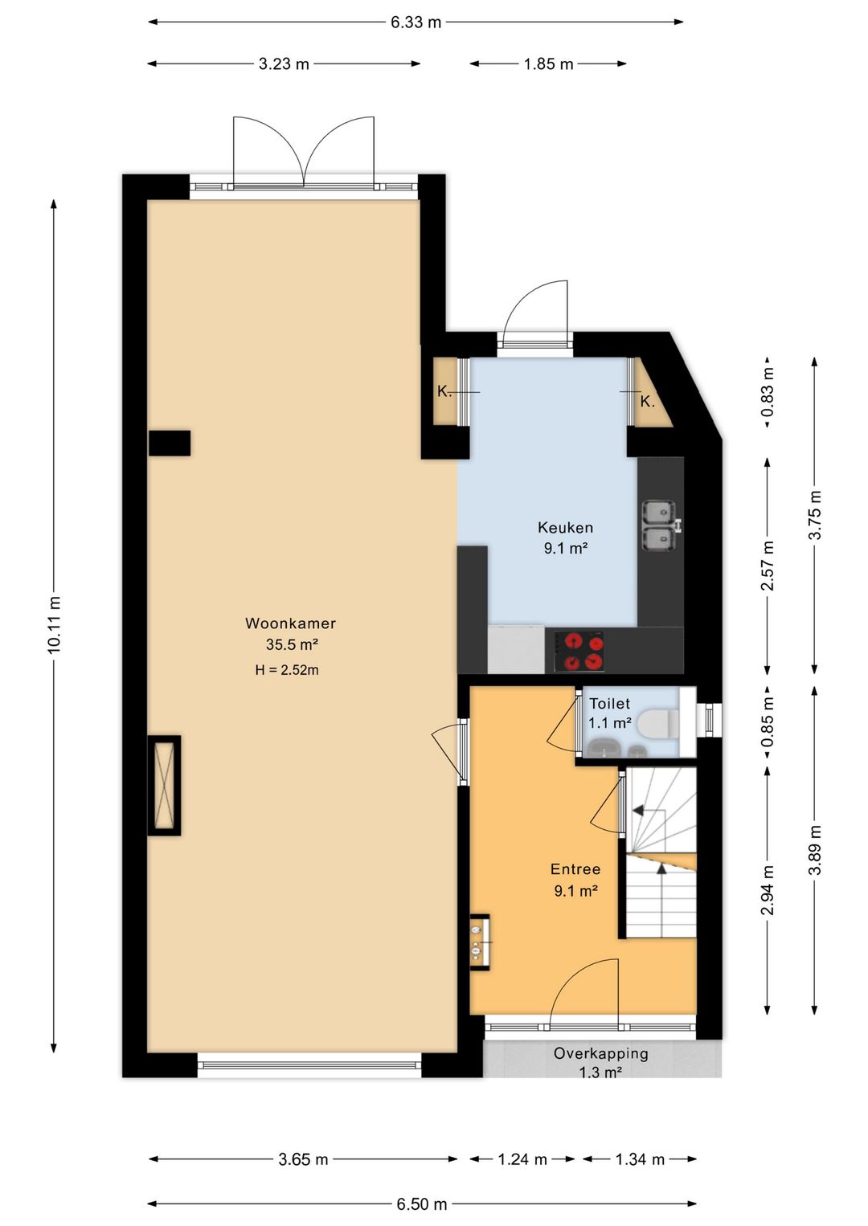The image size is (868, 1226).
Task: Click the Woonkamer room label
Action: [290, 623]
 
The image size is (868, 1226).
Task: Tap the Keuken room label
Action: [565, 528]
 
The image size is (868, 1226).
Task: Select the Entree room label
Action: [575, 869]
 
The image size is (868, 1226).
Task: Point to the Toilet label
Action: [609, 703]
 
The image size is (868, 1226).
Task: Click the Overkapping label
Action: [600, 1053]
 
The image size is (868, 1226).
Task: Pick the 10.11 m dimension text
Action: [54, 624]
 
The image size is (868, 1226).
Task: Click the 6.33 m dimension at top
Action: [416, 22]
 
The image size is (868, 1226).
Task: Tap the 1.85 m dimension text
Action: [548, 64]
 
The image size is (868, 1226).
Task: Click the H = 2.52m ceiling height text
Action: [287, 670]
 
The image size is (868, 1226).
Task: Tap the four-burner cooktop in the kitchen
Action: [580, 652]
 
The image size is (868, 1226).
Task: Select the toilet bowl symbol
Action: [659, 723]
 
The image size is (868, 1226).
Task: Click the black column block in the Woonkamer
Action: [170, 443]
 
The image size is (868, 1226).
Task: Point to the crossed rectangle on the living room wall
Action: [164, 786]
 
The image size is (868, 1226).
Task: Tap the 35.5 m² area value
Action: [292, 645]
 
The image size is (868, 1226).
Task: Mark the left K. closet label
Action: [444, 391]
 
